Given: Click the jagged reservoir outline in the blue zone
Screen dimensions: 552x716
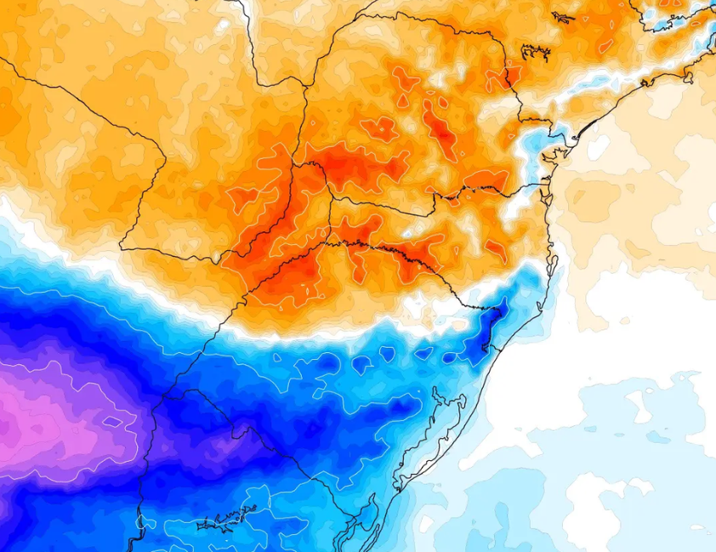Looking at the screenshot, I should (x=226, y=518).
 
